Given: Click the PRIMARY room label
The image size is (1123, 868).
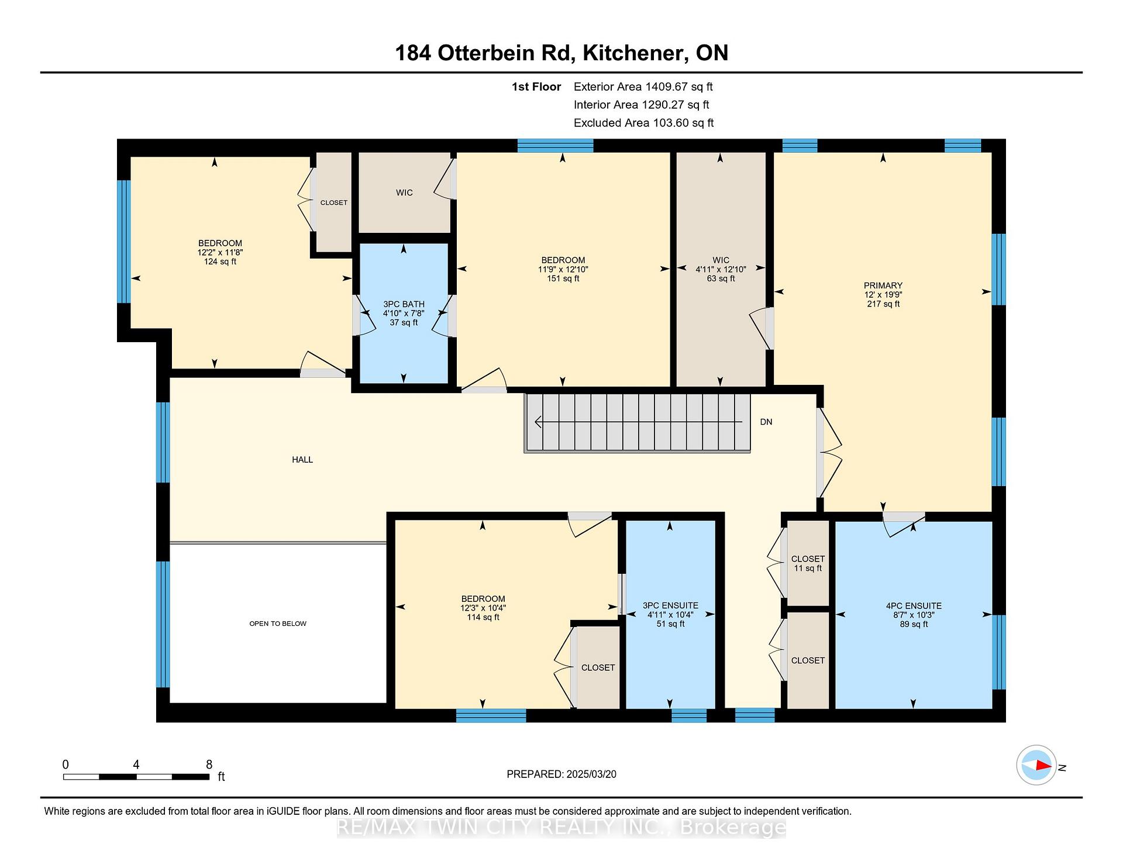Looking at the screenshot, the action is point(883,285).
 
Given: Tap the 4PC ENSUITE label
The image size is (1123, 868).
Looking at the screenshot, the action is point(914,606).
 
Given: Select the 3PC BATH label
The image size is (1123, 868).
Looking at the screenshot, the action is point(404,304).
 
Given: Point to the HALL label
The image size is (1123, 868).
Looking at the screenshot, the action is point(302,460).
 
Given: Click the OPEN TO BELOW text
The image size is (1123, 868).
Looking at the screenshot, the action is point(278,624).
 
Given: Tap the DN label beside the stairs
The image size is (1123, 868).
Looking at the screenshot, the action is point(766,422).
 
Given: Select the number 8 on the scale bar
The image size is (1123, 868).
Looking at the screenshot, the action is point(209,764).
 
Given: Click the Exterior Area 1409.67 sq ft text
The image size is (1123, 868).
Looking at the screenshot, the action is point(643,87).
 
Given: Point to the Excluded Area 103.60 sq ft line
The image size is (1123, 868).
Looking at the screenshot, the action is point(644,123).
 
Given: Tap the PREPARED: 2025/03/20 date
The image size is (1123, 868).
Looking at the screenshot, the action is point(561,774).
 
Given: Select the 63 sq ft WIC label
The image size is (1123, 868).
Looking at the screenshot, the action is point(721,278).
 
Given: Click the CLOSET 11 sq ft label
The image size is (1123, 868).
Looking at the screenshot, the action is point(808,563).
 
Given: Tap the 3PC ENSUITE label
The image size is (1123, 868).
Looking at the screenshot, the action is point(670,606).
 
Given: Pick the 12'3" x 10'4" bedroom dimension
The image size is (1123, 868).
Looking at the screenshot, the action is point(483,608).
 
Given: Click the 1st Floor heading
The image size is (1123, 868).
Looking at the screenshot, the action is point(536,87).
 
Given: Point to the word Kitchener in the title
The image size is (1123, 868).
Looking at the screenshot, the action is point(635,53).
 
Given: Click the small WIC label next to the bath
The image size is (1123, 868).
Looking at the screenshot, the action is point(404,192).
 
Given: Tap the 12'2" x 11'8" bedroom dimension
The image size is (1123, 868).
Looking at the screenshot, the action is point(220,252).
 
